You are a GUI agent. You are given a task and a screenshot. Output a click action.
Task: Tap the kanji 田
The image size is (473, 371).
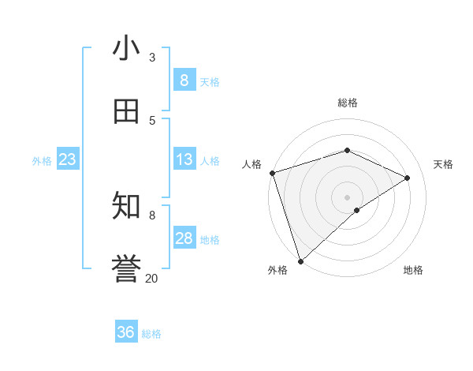coord(126,111)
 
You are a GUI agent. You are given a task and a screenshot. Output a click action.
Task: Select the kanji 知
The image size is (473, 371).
coord(126,206)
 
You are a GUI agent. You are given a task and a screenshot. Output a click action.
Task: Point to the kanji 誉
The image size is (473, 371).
coord(126,269)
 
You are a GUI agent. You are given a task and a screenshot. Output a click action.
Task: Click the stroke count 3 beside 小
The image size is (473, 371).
coord(152,58)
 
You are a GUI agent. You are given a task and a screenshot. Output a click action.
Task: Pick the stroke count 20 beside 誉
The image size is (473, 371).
coord(151,278)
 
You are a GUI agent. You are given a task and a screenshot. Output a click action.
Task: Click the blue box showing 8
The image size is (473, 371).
coord(184,81)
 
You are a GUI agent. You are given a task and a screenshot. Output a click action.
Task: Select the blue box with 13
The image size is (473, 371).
coord(184,159)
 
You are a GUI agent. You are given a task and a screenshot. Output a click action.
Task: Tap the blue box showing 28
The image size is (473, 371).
coord(184,238)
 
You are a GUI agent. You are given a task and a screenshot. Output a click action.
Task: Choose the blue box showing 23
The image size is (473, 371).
coord(68,159)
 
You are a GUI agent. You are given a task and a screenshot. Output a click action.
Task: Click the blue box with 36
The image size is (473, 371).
coord(126,332)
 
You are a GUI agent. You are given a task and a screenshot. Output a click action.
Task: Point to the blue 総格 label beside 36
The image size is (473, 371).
coord(151,334)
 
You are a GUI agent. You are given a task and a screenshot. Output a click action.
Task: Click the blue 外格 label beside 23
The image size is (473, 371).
coord(42,161)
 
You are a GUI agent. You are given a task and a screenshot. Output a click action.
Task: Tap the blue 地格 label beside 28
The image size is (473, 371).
coord(210,240)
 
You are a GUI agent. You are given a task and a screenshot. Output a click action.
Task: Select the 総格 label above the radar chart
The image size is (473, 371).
coord(347,103)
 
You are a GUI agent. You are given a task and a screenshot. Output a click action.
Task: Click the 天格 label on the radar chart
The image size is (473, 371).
coord(443,164)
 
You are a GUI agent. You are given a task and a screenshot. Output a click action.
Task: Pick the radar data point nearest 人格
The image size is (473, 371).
coord(272,173)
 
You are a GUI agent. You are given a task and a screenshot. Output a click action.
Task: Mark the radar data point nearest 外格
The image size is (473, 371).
coord(300,260)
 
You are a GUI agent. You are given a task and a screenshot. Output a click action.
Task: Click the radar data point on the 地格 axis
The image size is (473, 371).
coord(357,210)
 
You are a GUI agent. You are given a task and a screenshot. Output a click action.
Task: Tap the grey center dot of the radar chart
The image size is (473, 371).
coord(347,197)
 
